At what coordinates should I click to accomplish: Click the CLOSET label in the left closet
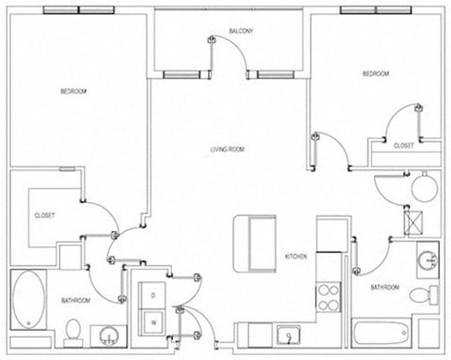coord(44,215)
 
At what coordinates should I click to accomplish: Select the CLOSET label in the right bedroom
coord(404,146)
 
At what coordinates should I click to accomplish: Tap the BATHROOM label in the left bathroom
coord(75,300)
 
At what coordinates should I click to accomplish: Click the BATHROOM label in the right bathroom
coord(385,287)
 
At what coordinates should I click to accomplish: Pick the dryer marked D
coord(151,295)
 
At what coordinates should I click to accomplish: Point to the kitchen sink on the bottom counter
coord(288,333)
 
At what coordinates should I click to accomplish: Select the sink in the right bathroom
coord(428,259)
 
